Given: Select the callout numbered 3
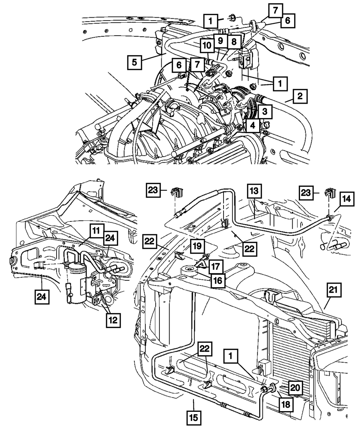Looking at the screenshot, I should [264, 112].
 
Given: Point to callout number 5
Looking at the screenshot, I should [134, 62].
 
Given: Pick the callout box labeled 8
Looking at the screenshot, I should [234, 41].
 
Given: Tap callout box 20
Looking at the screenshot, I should [294, 387].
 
